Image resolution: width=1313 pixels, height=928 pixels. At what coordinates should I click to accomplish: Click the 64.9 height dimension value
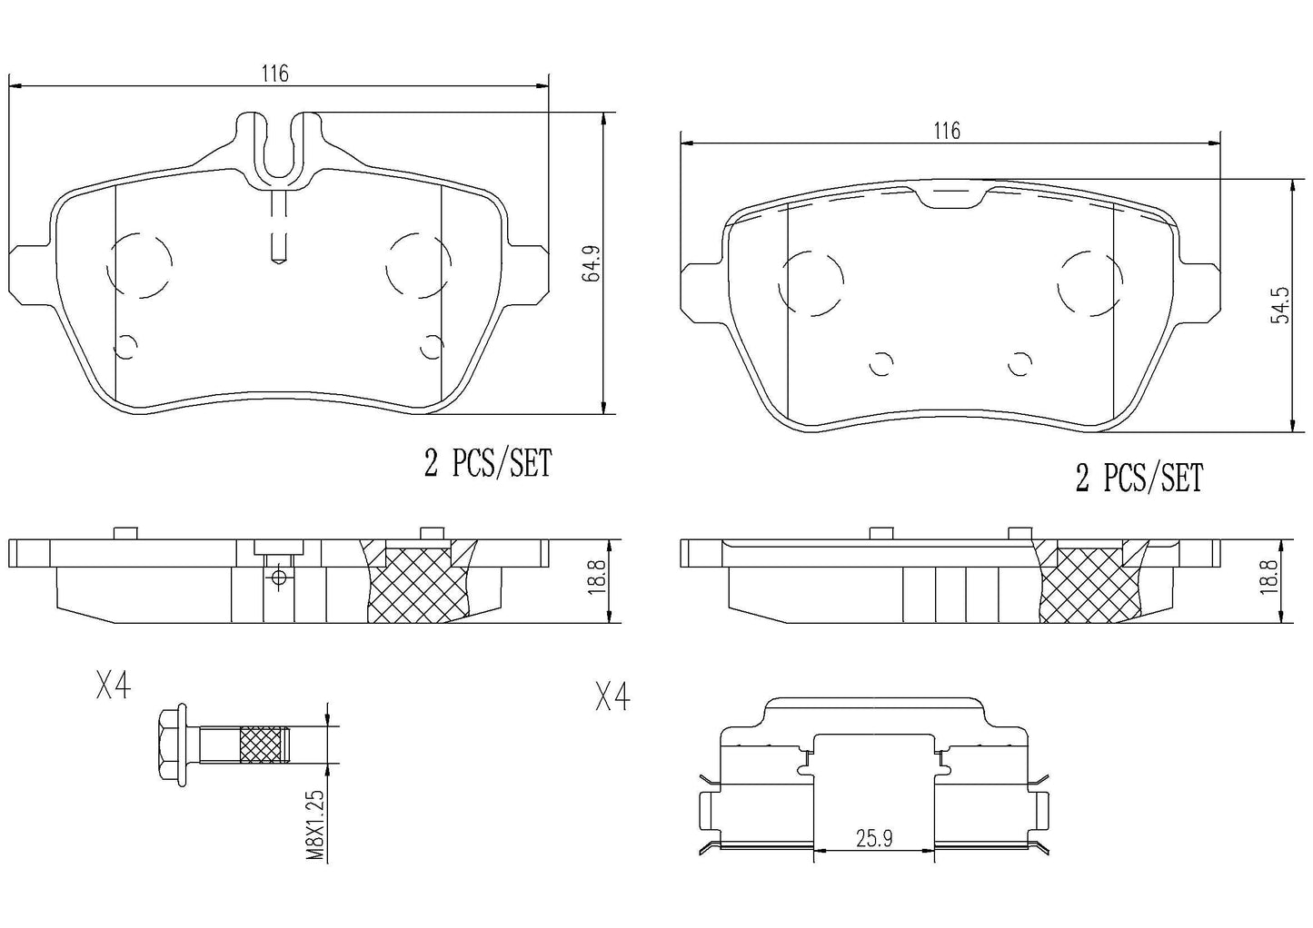[x=593, y=262]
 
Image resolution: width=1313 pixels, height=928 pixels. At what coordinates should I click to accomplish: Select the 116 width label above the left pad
[x=275, y=74]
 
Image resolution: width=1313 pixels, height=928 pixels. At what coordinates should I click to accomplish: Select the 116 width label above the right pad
[x=947, y=131]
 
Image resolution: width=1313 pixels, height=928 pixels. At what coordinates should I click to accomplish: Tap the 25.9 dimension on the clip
[x=874, y=838]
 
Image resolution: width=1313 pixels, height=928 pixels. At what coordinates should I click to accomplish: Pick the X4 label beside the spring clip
[x=612, y=697]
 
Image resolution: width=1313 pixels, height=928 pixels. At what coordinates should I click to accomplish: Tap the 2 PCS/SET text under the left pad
[x=488, y=465]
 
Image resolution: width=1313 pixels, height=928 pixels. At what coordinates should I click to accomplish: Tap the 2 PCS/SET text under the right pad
[x=1139, y=478]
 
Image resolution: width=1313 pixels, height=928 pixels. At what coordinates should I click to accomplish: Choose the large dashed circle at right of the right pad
[x=1090, y=283]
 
